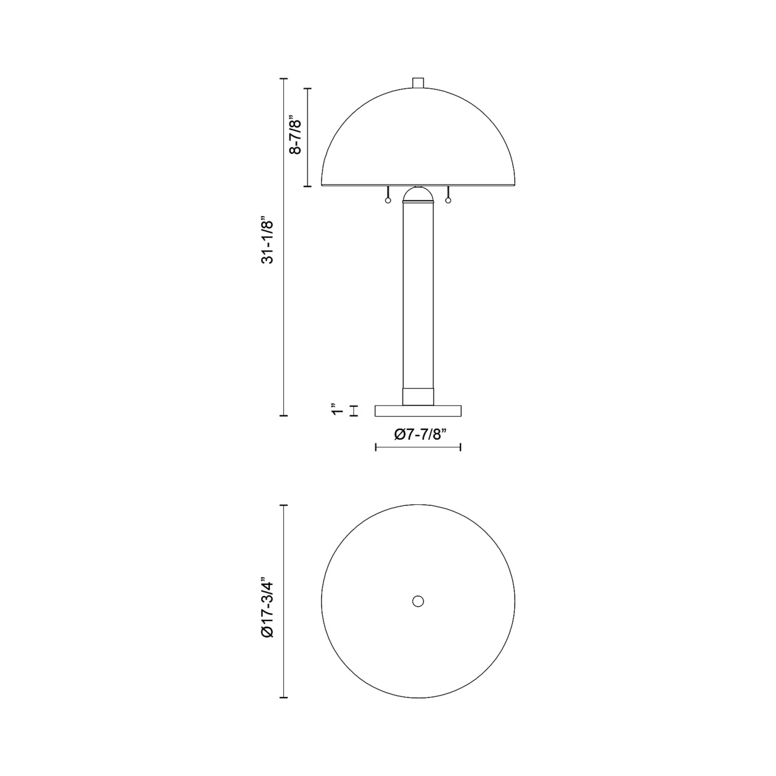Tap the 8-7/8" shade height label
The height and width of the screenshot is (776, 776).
[x=295, y=136]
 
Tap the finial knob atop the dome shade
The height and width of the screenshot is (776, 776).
[x=418, y=83]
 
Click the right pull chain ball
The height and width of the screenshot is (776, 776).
[x=448, y=201]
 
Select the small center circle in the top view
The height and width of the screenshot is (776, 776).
[x=418, y=601]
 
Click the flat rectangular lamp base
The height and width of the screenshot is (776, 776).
[x=418, y=411]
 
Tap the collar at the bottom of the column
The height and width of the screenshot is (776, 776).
[x=418, y=396]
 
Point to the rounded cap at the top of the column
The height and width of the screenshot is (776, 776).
[x=418, y=195]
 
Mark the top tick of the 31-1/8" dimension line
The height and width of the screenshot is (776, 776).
[x=283, y=79]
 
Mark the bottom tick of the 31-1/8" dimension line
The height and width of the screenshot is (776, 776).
[x=283, y=415]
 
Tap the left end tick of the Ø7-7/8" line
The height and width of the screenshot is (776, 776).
[x=376, y=447]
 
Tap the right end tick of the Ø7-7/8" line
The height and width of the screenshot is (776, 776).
[x=460, y=447]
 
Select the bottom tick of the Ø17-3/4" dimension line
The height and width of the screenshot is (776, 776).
[x=283, y=698]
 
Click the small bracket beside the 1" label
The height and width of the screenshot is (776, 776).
[x=354, y=411]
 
